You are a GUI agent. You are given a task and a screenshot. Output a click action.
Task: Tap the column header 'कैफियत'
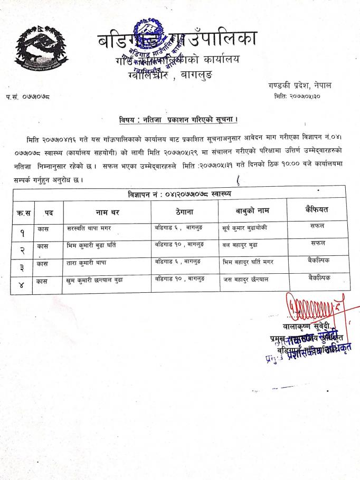pyautogui.click(x=316, y=210)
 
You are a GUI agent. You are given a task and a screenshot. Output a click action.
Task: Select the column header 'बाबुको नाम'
pyautogui.click(x=252, y=211)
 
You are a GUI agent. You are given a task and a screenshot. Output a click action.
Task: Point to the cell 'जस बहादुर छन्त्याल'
pyautogui.click(x=245, y=280)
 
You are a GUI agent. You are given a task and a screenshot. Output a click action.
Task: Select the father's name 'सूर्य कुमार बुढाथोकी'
pyautogui.click(x=249, y=228)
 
